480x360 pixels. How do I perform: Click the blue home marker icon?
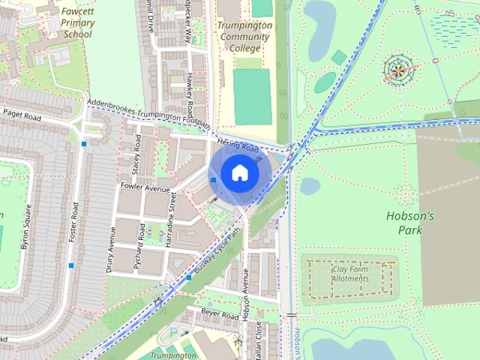tap(238, 172)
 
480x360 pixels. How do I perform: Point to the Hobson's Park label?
tap(409, 222)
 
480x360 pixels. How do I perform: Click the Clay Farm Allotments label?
tap(351, 273)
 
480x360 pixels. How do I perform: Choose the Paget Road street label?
tap(22, 114)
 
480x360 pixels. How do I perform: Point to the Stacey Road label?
tap(136, 149)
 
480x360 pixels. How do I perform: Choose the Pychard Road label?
tap(140, 241)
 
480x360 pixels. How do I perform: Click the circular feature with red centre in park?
tap(398, 70)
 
